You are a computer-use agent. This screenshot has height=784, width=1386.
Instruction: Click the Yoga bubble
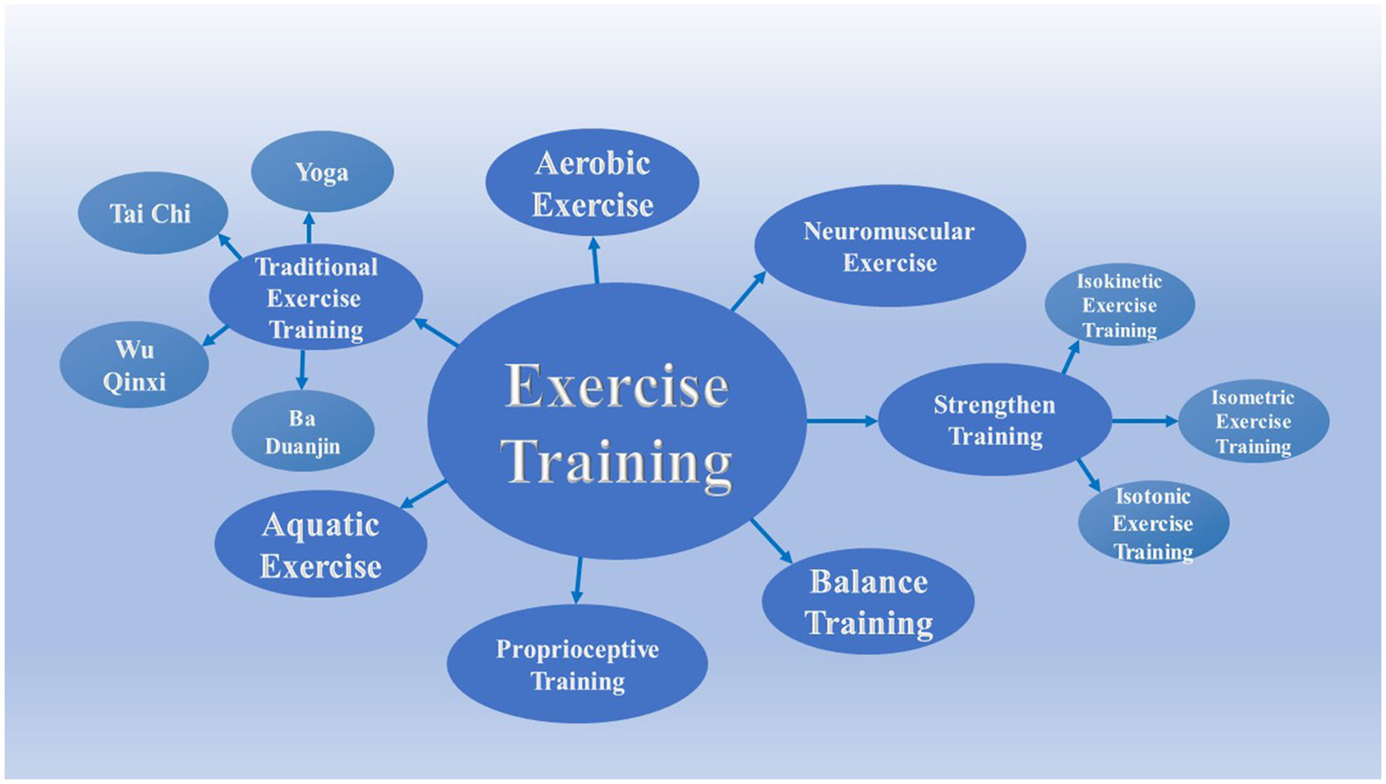[321, 172]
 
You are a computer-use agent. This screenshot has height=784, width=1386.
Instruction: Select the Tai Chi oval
[152, 213]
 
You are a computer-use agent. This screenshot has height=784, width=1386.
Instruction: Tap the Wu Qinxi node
[134, 365]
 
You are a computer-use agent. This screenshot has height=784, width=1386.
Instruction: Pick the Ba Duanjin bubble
[302, 432]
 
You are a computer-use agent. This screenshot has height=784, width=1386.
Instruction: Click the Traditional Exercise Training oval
[315, 297]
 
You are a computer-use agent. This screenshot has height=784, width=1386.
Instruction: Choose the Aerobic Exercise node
[592, 183]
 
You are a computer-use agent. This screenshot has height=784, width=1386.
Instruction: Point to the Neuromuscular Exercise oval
[889, 247]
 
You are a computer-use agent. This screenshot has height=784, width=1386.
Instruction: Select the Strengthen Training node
[994, 420]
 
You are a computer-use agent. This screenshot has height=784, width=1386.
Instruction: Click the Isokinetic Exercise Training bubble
[1120, 305]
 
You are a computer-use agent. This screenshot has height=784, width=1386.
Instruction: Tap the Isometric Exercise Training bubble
[1253, 421]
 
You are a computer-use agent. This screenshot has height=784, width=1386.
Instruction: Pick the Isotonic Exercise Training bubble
[1153, 523]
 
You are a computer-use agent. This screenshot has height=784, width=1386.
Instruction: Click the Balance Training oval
[868, 602]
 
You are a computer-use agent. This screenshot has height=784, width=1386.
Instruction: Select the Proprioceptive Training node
[577, 664]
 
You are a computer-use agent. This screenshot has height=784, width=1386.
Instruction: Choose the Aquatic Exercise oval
[321, 545]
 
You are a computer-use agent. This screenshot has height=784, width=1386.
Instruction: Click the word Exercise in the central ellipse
[617, 387]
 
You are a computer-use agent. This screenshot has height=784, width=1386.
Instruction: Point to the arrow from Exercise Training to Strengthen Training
[842, 421]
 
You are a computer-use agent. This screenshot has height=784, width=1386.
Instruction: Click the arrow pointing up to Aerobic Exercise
[595, 260]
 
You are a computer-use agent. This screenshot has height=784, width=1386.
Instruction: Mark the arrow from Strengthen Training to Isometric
[1144, 421]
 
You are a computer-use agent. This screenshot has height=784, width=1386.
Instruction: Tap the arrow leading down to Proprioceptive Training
[578, 580]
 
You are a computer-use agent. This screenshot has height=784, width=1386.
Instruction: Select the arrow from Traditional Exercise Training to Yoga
[309, 228]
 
